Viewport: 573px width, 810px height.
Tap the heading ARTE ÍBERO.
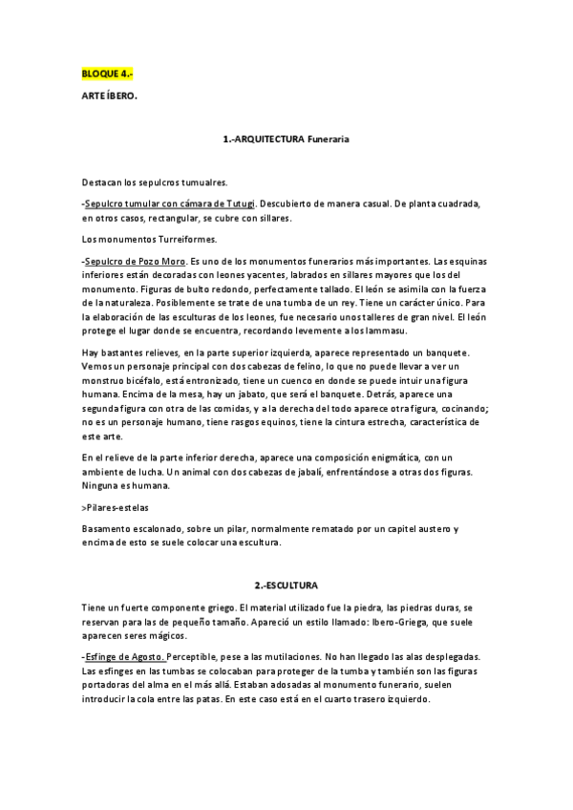coord(110,96)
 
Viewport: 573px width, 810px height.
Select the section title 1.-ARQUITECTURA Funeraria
coord(286,139)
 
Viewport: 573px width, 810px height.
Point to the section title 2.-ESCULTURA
coord(286,584)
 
